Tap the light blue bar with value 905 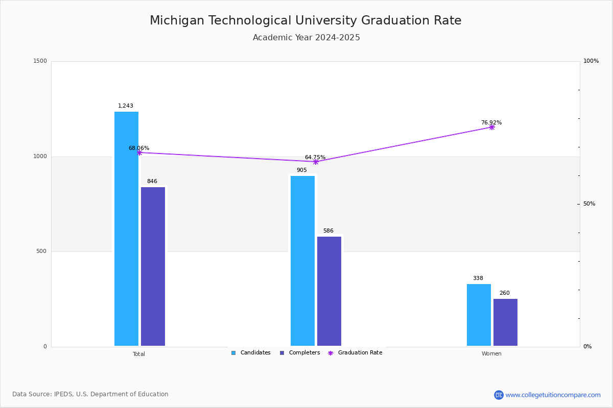302,261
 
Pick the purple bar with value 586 329,291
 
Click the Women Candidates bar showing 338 479,315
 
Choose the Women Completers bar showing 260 505,322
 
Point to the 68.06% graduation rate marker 139,152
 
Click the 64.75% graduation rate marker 316,162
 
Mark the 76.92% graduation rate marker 492,127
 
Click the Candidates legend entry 251,353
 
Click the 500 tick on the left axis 41,251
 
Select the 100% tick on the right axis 591,61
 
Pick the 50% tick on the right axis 590,204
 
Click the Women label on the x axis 491,354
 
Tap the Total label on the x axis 139,354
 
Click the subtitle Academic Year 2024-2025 306,38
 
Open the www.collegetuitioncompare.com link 553,395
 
